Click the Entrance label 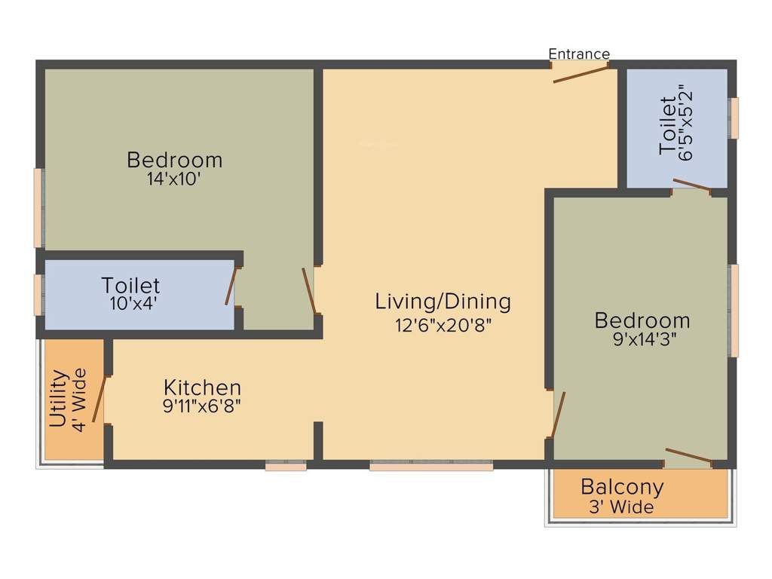578,54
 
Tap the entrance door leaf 581,74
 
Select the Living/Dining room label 443,302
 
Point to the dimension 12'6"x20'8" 443,325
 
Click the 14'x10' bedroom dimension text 174,180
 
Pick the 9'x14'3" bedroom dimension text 642,340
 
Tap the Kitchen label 203,388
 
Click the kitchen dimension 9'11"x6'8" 203,406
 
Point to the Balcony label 622,487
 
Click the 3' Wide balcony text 621,507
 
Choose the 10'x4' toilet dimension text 131,305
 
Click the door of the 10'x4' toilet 231,286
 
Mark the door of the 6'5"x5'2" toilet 691,185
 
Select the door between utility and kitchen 99,399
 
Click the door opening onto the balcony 688,455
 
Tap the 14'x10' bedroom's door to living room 308,291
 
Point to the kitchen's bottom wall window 286,467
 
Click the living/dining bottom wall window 431,467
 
